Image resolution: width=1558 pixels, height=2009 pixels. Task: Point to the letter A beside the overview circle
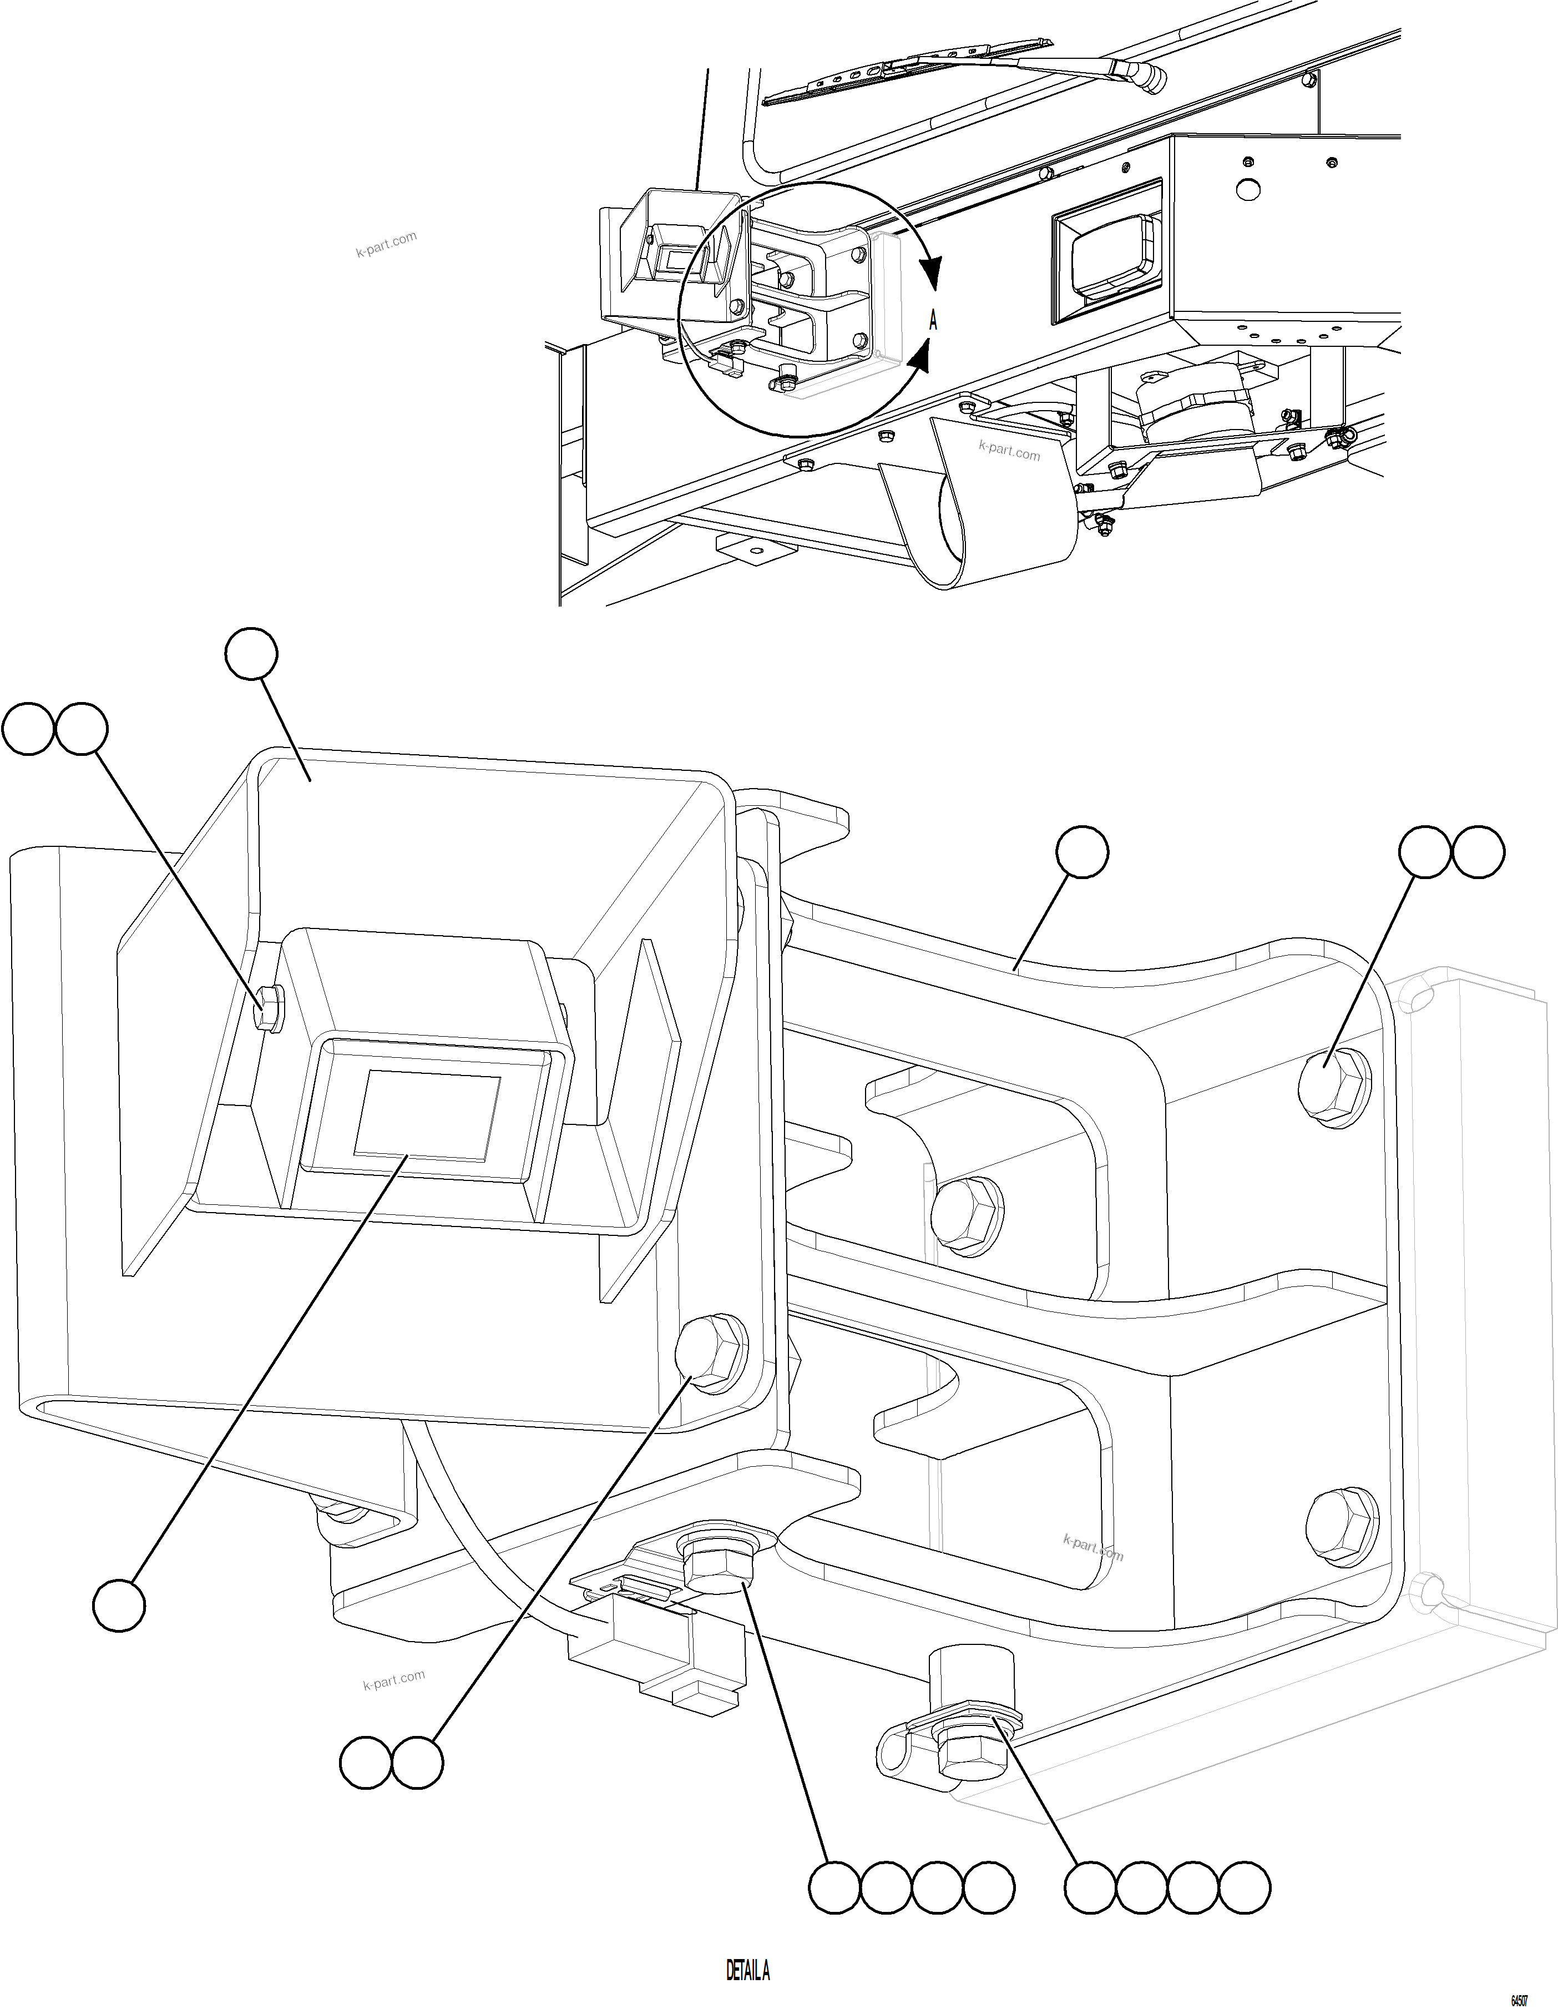tap(933, 321)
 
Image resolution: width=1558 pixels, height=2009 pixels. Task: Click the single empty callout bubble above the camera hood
tap(251, 654)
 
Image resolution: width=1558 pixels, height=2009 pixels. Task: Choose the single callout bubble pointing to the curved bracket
tap(1081, 853)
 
